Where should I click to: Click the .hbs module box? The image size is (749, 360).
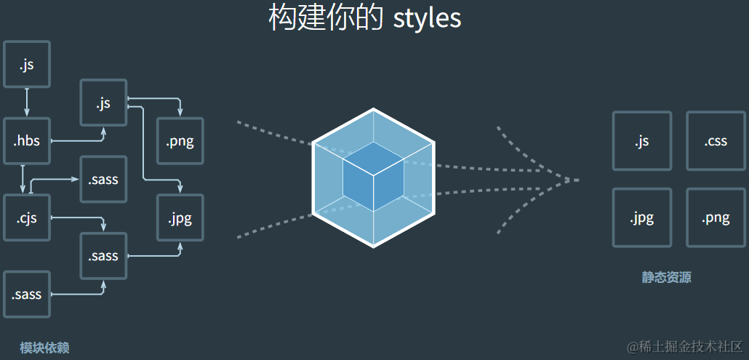coord(27,141)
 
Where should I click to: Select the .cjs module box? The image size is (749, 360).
coord(27,217)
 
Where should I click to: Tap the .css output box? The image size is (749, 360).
coord(715,141)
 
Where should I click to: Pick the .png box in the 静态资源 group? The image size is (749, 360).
coord(715,217)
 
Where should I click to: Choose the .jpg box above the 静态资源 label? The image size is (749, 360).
coord(641,217)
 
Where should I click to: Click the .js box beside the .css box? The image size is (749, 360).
coord(641,141)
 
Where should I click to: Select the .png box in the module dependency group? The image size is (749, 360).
coord(180,141)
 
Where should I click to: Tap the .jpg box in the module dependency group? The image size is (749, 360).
coord(180,217)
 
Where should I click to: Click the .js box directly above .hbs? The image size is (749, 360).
coord(27,65)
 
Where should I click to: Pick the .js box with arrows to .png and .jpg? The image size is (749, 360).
coord(103,103)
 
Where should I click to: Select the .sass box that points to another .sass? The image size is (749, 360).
coord(27,295)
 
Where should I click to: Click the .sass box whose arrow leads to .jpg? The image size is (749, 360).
coord(103,256)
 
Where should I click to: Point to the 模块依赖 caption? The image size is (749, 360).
coord(44,348)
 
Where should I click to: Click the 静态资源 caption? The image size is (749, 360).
coord(666,277)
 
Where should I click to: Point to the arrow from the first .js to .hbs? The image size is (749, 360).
coord(27,103)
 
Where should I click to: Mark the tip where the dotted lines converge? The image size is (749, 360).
coord(577,180)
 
